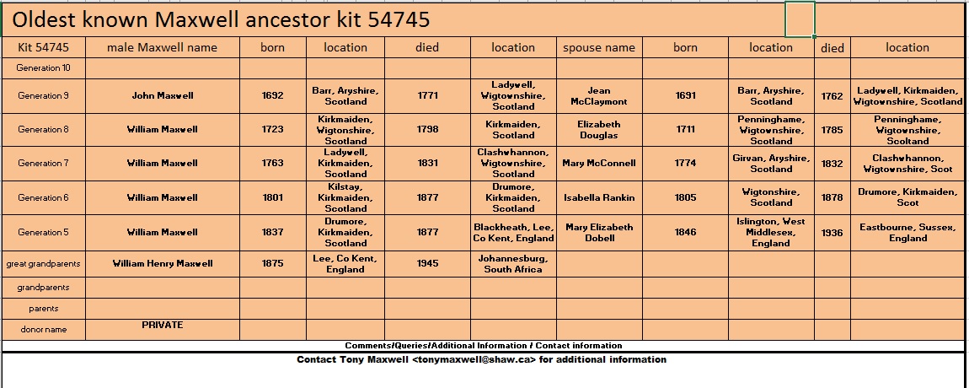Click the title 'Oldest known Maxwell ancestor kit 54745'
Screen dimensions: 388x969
click(x=221, y=19)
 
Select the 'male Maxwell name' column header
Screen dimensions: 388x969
click(x=163, y=47)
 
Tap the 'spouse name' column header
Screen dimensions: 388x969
click(x=598, y=47)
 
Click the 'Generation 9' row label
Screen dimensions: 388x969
click(x=44, y=95)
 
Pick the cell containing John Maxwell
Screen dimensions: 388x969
click(x=163, y=95)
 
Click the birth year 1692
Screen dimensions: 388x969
click(x=273, y=95)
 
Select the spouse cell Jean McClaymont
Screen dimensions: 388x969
click(x=598, y=95)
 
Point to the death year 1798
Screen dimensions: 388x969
click(x=427, y=130)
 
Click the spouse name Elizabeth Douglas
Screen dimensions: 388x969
click(x=598, y=129)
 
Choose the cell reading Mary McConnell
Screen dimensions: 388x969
click(x=598, y=164)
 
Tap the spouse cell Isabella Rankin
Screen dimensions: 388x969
click(x=598, y=197)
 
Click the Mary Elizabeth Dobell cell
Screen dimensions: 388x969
click(x=598, y=232)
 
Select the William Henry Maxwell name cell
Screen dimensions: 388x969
click(x=163, y=263)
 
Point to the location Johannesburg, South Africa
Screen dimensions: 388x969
click(x=513, y=263)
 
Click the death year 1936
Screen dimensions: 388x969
click(x=832, y=232)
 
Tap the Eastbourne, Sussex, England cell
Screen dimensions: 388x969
click(x=907, y=232)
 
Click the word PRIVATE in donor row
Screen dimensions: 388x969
click(x=163, y=325)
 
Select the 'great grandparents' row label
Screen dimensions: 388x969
click(x=44, y=263)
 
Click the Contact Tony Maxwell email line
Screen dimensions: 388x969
click(x=481, y=359)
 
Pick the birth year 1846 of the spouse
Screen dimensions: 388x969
click(x=685, y=232)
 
